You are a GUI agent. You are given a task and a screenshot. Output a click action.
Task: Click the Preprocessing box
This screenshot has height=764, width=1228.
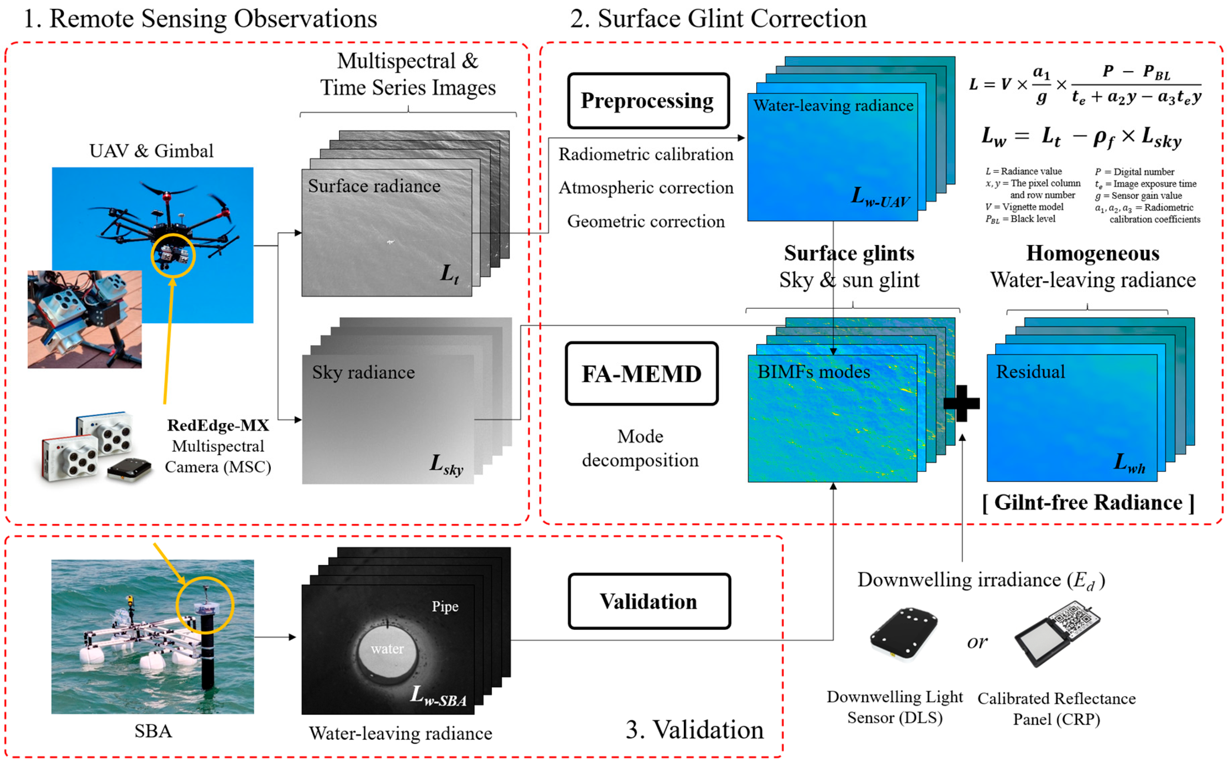point(648,101)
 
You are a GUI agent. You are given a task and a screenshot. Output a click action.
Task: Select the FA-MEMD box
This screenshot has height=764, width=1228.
point(641,374)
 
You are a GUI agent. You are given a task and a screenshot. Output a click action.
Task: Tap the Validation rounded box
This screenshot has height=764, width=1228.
point(649,601)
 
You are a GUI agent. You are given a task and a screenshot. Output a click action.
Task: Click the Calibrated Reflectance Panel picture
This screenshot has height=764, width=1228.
point(1057,633)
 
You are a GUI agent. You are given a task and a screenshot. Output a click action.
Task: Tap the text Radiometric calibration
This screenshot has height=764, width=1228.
point(645,154)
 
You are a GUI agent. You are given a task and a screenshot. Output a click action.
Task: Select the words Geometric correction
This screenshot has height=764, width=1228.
point(645,221)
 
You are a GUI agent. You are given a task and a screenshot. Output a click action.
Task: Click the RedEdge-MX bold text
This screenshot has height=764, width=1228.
point(218,425)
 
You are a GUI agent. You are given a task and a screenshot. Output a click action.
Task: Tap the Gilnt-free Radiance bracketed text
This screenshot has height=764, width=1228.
point(1088,502)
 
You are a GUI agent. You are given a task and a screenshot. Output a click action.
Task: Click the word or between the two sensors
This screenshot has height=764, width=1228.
point(977,642)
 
